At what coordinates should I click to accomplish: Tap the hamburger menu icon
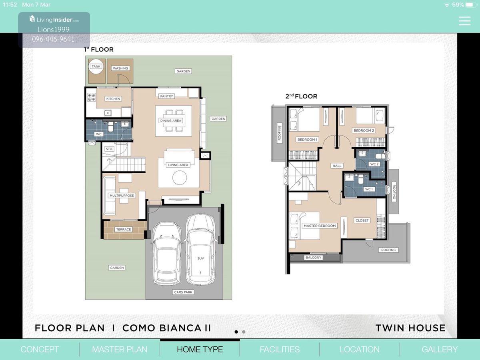coord(464,21)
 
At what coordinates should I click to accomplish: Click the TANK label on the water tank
coord(96,66)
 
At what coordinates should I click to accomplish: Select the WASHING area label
coord(120,68)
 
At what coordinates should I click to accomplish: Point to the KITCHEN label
coord(113,99)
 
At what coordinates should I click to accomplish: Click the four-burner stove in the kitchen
coord(92,97)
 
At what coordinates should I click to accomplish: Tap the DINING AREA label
coord(170,120)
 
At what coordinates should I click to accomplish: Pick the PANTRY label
coord(166,96)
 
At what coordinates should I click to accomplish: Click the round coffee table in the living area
coord(180,178)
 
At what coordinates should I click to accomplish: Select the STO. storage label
coord(109,149)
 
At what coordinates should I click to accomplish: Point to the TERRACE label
coord(124,229)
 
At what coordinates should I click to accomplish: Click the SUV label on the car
coord(200,258)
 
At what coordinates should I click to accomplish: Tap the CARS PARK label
coord(183,292)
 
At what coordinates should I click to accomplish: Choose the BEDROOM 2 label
coord(364,130)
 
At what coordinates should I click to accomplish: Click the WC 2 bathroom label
coord(374,164)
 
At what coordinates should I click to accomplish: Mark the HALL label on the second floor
coord(337,166)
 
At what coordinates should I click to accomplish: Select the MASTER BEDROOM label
coord(320,226)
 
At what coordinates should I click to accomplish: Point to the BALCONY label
coord(313,258)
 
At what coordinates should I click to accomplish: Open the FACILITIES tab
coord(280,349)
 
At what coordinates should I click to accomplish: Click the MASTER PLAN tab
coord(120,349)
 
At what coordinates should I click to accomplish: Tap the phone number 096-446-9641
coord(53,39)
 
